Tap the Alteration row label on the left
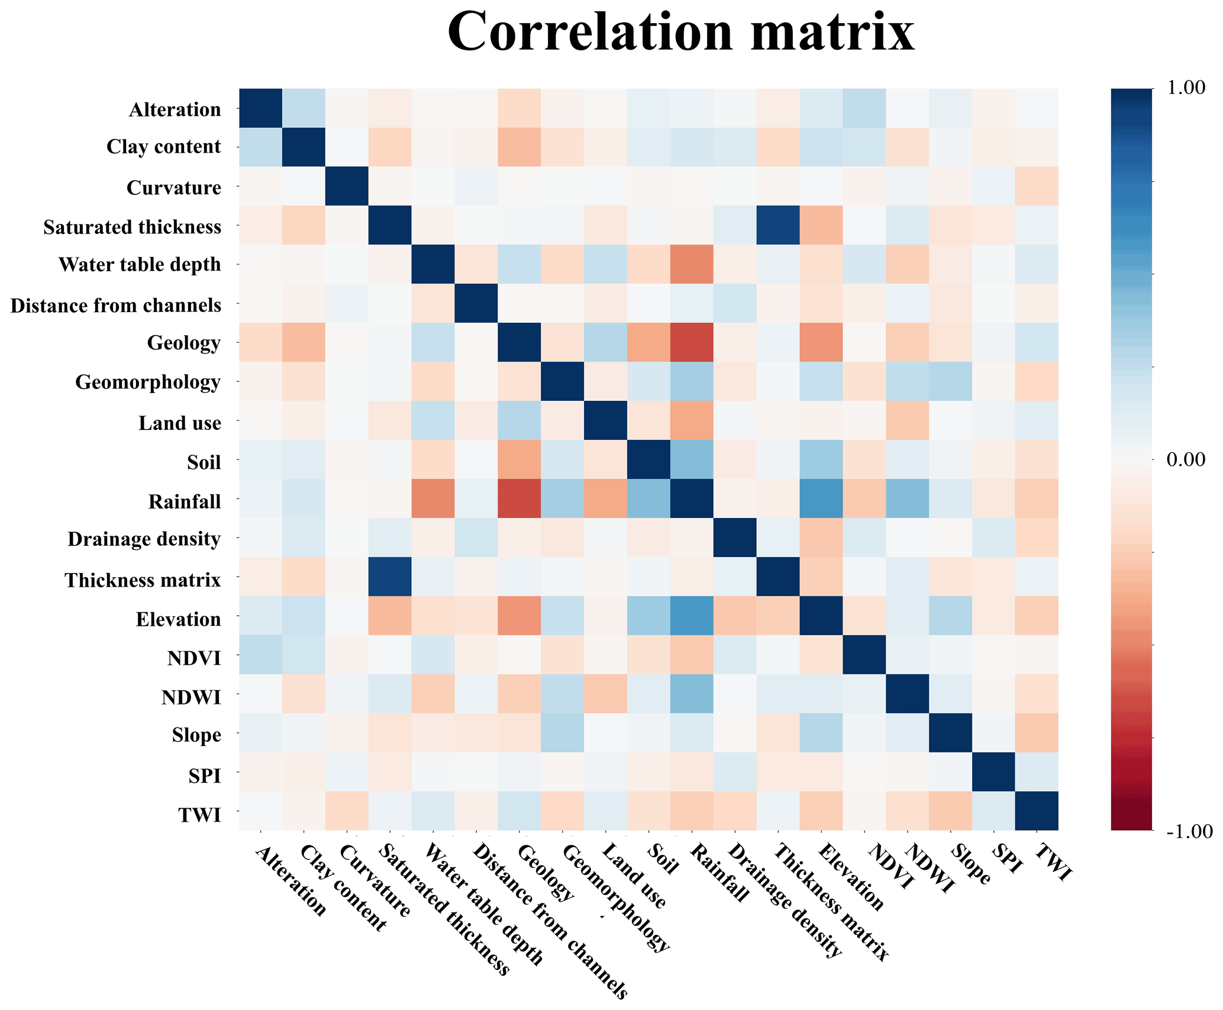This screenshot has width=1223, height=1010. pos(175,110)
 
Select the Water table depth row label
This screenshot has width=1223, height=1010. pos(140,265)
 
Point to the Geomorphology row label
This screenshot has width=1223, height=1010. pos(148,382)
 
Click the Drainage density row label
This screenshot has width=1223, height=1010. pos(144,539)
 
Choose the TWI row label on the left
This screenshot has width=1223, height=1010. pos(199,815)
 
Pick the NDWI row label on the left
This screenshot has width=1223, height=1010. pos(191,697)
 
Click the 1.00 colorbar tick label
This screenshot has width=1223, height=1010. pos(1186,88)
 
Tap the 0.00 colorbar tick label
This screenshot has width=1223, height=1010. pos(1186,459)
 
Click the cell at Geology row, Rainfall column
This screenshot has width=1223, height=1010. pos(692,342)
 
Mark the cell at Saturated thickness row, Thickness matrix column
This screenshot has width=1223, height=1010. pos(778,226)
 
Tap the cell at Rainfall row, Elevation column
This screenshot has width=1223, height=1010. pos(821,498)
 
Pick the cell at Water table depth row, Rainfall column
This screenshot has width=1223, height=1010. pos(692,265)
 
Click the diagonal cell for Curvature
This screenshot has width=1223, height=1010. pos(347,186)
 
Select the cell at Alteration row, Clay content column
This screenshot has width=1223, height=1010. pos(304,108)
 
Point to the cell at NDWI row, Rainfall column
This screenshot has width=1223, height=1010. pos(692,694)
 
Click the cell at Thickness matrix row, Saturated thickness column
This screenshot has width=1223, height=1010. pos(390,577)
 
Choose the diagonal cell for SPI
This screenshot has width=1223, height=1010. pos(994,772)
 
